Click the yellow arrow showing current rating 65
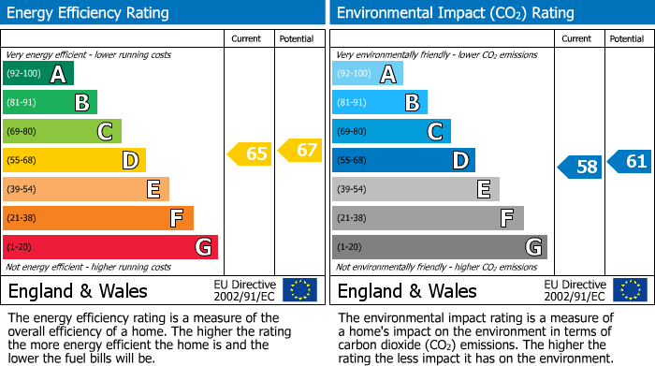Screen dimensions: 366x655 click(x=250, y=154)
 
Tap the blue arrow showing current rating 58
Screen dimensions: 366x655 click(x=579, y=167)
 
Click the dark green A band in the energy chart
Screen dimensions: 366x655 click(x=37, y=74)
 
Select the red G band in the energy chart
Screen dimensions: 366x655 click(x=109, y=247)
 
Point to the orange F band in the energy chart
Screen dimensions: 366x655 click(x=97, y=218)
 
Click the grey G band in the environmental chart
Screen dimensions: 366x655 click(x=439, y=247)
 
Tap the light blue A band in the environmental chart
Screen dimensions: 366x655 click(x=367, y=74)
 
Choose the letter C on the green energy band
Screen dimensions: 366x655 click(x=106, y=132)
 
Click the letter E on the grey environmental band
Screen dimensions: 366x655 click(x=484, y=190)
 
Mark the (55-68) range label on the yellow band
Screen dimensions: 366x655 click(x=23, y=161)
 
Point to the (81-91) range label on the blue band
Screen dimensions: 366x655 click(x=353, y=103)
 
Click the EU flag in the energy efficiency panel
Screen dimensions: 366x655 click(x=299, y=289)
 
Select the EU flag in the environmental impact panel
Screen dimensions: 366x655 click(x=629, y=289)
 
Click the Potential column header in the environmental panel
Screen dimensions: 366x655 click(x=627, y=38)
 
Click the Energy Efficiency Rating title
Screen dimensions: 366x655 click(x=89, y=13)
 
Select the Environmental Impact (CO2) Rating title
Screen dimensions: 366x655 click(x=454, y=13)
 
